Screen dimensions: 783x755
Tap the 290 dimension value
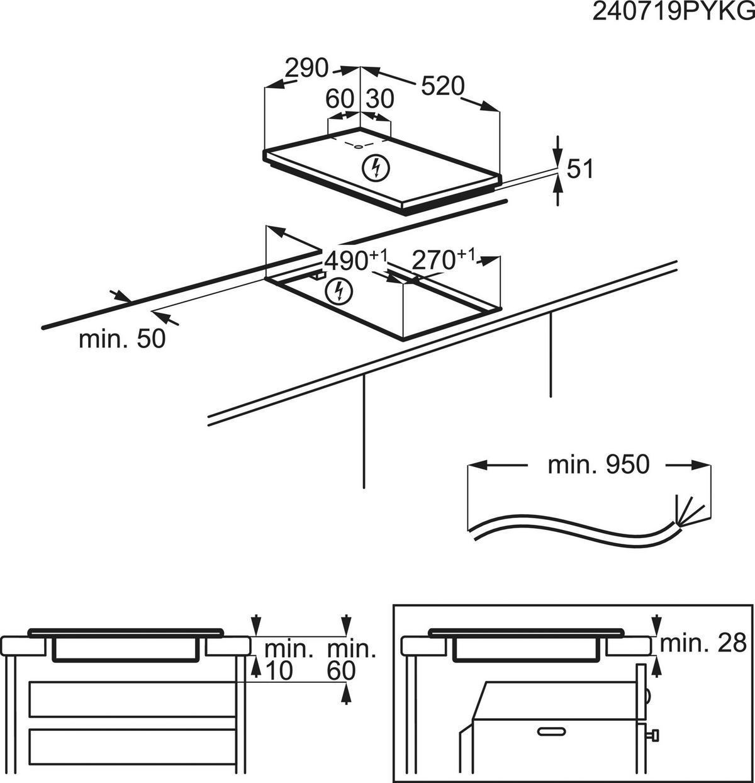point(306,67)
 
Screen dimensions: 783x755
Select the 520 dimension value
point(442,87)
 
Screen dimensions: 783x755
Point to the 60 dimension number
point(340,99)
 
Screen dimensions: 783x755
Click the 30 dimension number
point(379,99)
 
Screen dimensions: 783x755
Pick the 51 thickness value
point(580,169)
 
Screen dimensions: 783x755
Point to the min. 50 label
point(122,339)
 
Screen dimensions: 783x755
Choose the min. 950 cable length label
point(598,465)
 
